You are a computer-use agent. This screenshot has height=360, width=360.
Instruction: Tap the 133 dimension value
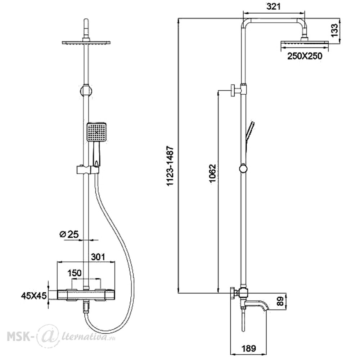tap(334, 30)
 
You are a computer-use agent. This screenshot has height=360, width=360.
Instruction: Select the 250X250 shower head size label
tap(305, 56)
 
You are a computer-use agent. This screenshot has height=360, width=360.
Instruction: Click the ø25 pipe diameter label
tap(69, 234)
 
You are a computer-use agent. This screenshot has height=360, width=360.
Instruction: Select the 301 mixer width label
tap(98, 257)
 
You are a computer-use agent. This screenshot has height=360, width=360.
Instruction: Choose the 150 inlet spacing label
tap(74, 273)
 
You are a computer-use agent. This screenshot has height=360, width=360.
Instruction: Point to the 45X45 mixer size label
tap(34, 296)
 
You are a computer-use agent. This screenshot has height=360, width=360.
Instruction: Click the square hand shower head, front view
tap(96, 131)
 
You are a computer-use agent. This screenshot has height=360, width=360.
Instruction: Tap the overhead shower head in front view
tap(86, 42)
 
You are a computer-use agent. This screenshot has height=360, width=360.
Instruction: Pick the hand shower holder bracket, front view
tap(88, 170)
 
